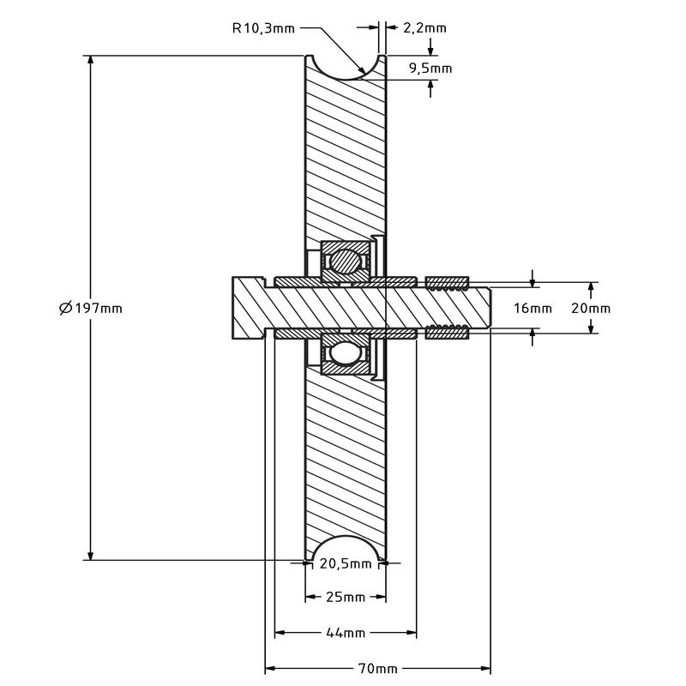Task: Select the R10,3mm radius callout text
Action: click(x=263, y=28)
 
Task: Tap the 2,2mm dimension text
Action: click(x=424, y=28)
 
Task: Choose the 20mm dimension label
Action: click(x=592, y=309)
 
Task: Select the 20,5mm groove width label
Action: click(x=346, y=563)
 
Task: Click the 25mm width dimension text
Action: click(x=346, y=597)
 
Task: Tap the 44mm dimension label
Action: click(x=346, y=633)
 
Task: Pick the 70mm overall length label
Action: click(x=377, y=668)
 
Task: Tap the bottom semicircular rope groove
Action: click(x=346, y=549)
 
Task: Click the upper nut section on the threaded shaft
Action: click(x=447, y=282)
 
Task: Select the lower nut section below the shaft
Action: click(x=447, y=333)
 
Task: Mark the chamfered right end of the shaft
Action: click(x=486, y=307)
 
